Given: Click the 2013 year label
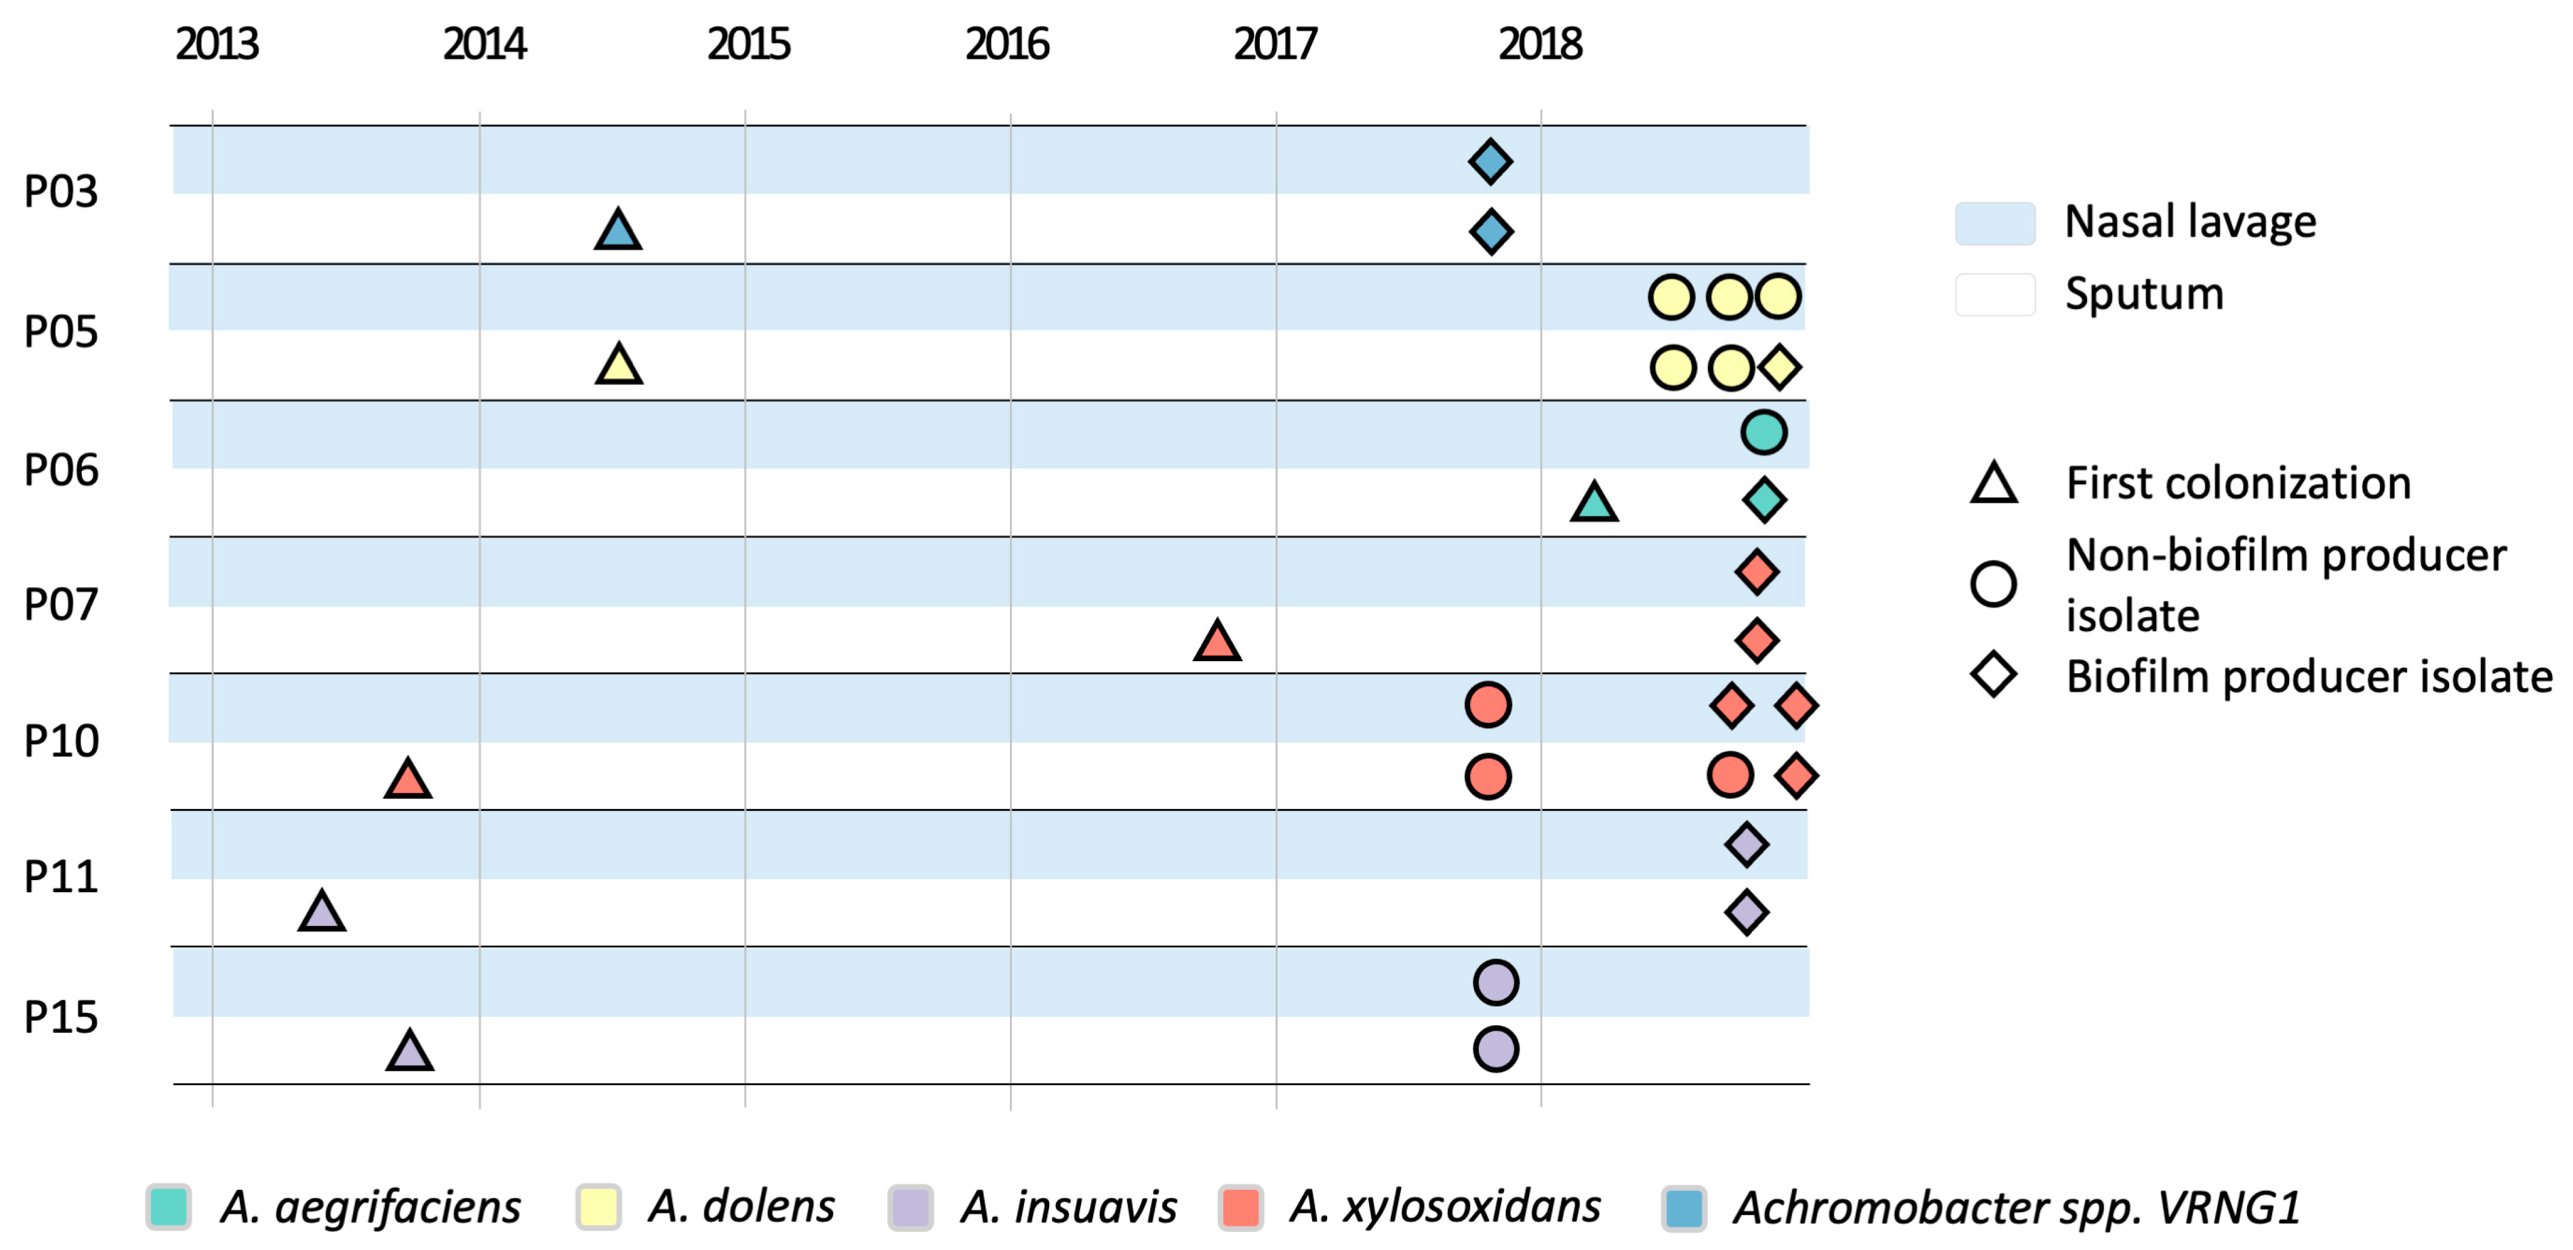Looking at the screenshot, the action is click(217, 44).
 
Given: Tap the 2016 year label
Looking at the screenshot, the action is click(1007, 44).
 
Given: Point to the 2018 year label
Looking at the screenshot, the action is click(1540, 44).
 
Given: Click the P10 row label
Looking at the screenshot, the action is click(61, 741).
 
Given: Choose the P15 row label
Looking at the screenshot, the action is click(61, 1017).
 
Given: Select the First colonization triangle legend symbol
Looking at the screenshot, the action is click(1994, 483).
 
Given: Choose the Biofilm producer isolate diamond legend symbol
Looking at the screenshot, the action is click(1994, 675).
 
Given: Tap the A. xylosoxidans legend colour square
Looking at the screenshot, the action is click(1240, 1207).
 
